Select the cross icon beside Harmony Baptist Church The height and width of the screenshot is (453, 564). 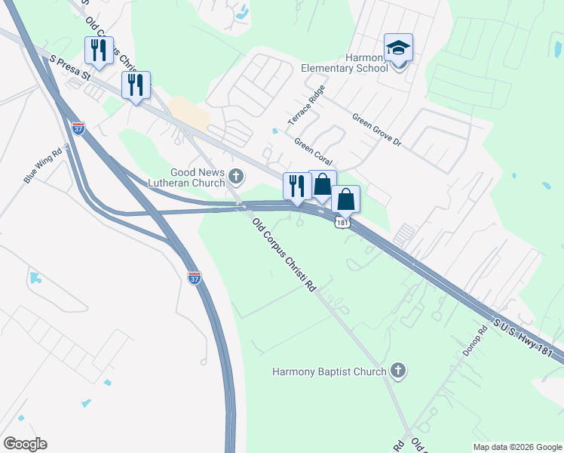398,371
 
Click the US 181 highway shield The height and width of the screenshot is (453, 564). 343,223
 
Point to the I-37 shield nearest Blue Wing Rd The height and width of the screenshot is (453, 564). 78,128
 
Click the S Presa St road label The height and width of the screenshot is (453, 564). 70,66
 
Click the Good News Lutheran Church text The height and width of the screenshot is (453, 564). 198,177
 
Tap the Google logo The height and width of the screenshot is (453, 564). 25,444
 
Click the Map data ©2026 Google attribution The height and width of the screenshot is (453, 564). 516,447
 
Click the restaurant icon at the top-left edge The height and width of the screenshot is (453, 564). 99,50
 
